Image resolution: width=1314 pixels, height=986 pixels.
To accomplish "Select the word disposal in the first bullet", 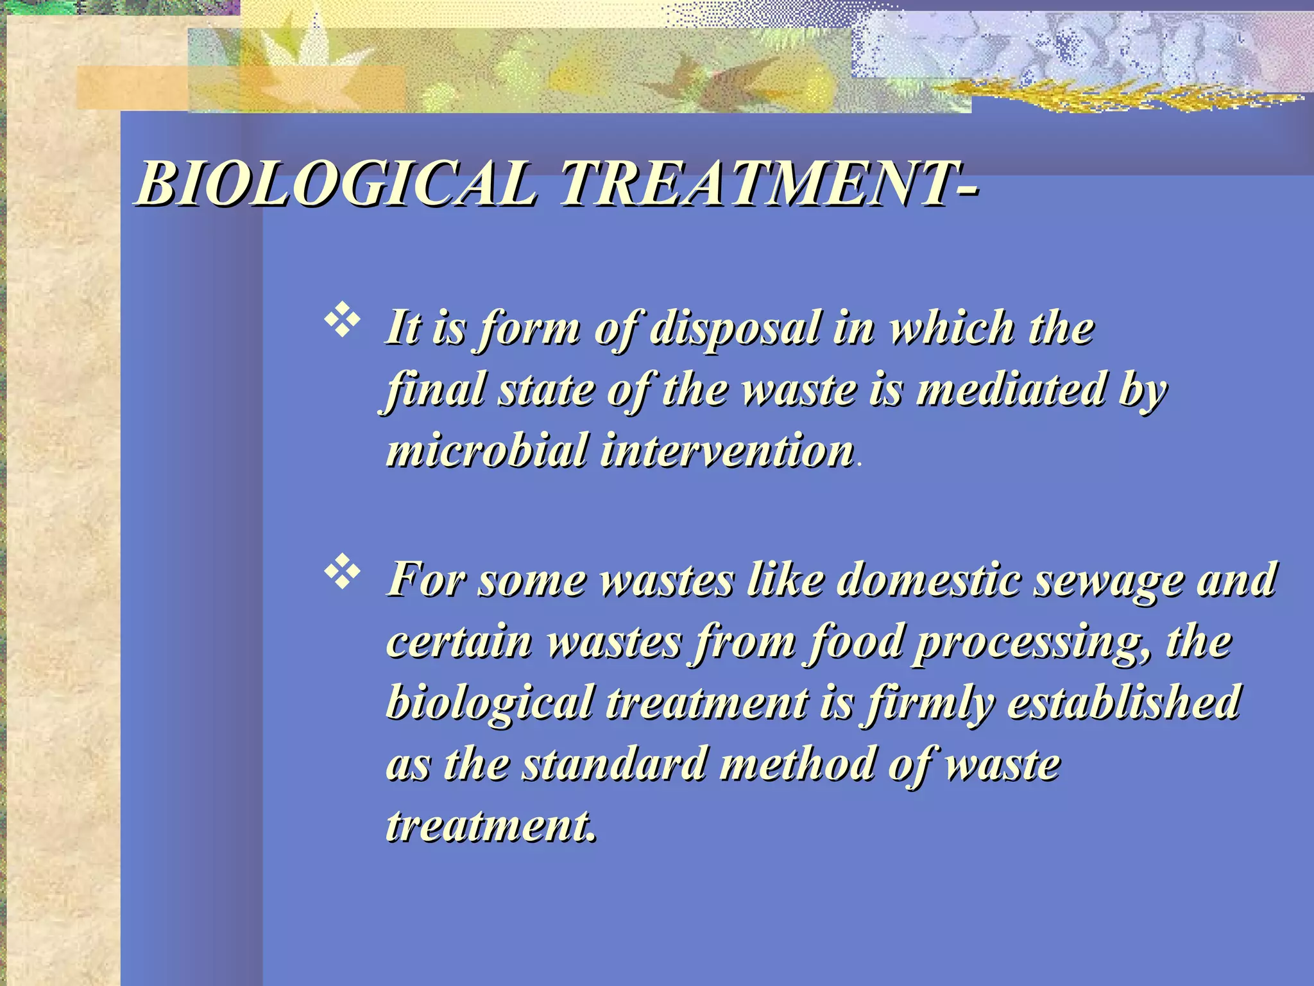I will (x=735, y=329).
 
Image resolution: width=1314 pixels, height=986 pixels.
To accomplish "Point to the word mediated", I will (x=1011, y=390).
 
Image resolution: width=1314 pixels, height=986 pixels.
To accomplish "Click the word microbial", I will (x=488, y=451).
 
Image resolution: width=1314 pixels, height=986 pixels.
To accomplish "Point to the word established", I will (x=1123, y=702).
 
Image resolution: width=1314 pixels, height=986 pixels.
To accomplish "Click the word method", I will (x=796, y=765).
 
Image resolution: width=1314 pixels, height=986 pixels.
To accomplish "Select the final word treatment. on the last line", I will (x=490, y=826).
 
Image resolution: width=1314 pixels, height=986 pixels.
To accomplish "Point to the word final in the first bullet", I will (x=436, y=390).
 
